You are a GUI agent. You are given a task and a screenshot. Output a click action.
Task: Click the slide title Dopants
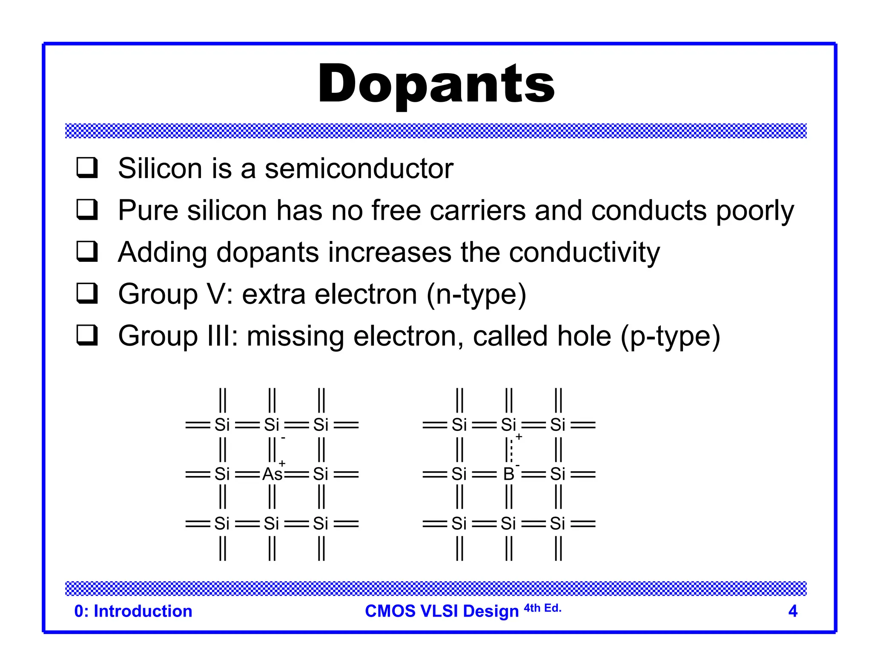436,84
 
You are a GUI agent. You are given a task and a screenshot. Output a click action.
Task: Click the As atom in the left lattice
272,474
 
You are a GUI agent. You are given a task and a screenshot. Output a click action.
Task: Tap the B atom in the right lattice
508,474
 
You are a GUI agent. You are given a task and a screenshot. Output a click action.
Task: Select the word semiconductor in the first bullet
359,169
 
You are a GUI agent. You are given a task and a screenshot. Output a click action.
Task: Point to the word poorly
755,211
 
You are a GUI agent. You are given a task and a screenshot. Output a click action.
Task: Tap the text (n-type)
476,294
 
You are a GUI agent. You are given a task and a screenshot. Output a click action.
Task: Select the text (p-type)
670,336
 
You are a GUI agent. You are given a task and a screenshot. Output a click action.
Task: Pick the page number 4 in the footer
792,611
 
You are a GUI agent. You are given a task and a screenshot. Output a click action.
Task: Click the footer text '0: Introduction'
133,611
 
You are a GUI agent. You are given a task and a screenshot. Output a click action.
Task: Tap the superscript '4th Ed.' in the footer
542,608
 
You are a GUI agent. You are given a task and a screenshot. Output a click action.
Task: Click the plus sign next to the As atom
282,463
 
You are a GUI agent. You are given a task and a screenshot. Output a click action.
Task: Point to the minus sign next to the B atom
518,465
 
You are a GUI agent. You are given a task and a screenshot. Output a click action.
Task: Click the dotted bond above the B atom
511,450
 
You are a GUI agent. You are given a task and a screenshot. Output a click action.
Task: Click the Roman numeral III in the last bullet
221,336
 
